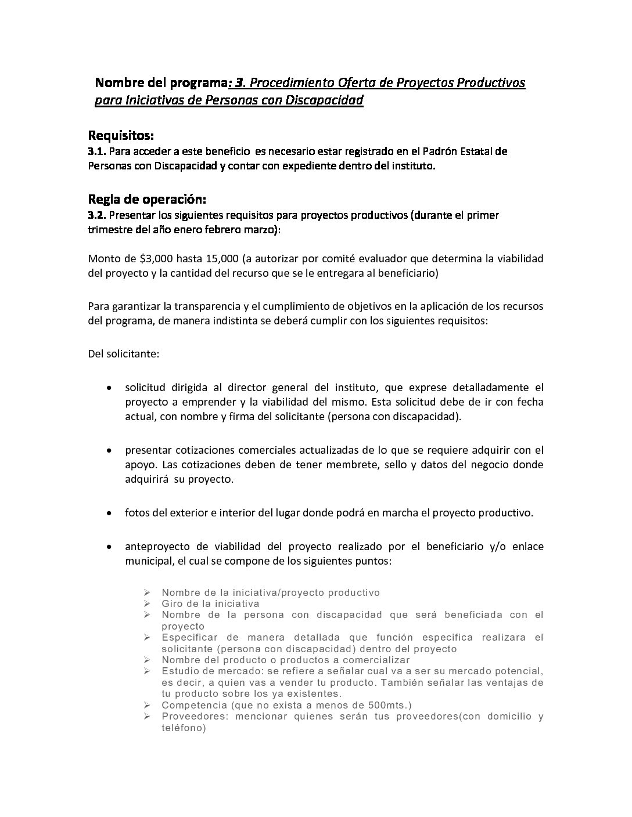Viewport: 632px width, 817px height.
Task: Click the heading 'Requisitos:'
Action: coord(121,136)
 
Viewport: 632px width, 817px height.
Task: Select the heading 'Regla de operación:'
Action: coord(147,200)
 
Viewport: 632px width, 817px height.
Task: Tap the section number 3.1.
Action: coord(96,151)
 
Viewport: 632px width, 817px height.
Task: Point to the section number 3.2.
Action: coord(96,215)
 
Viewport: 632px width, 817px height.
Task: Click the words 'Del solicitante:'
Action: coord(123,353)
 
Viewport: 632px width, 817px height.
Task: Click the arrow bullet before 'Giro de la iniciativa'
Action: coord(148,604)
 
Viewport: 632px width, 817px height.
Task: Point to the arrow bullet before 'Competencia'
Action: coord(148,706)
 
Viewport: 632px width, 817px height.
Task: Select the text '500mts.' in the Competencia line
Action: coord(390,706)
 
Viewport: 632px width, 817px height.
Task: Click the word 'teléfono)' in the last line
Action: coord(184,728)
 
